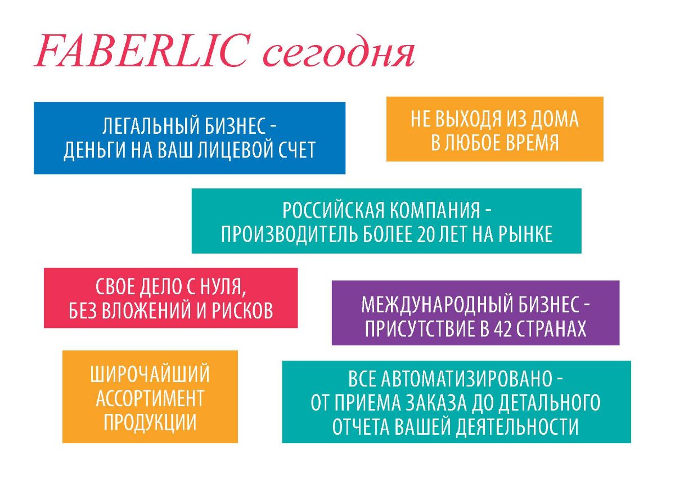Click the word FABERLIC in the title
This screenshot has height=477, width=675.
pos(142,51)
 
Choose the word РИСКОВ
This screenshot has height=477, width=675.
pos(242,310)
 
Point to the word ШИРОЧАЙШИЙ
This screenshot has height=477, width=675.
pos(150,374)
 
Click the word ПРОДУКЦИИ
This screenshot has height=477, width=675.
pos(150,422)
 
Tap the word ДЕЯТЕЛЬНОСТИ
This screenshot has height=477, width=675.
pos(517,427)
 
